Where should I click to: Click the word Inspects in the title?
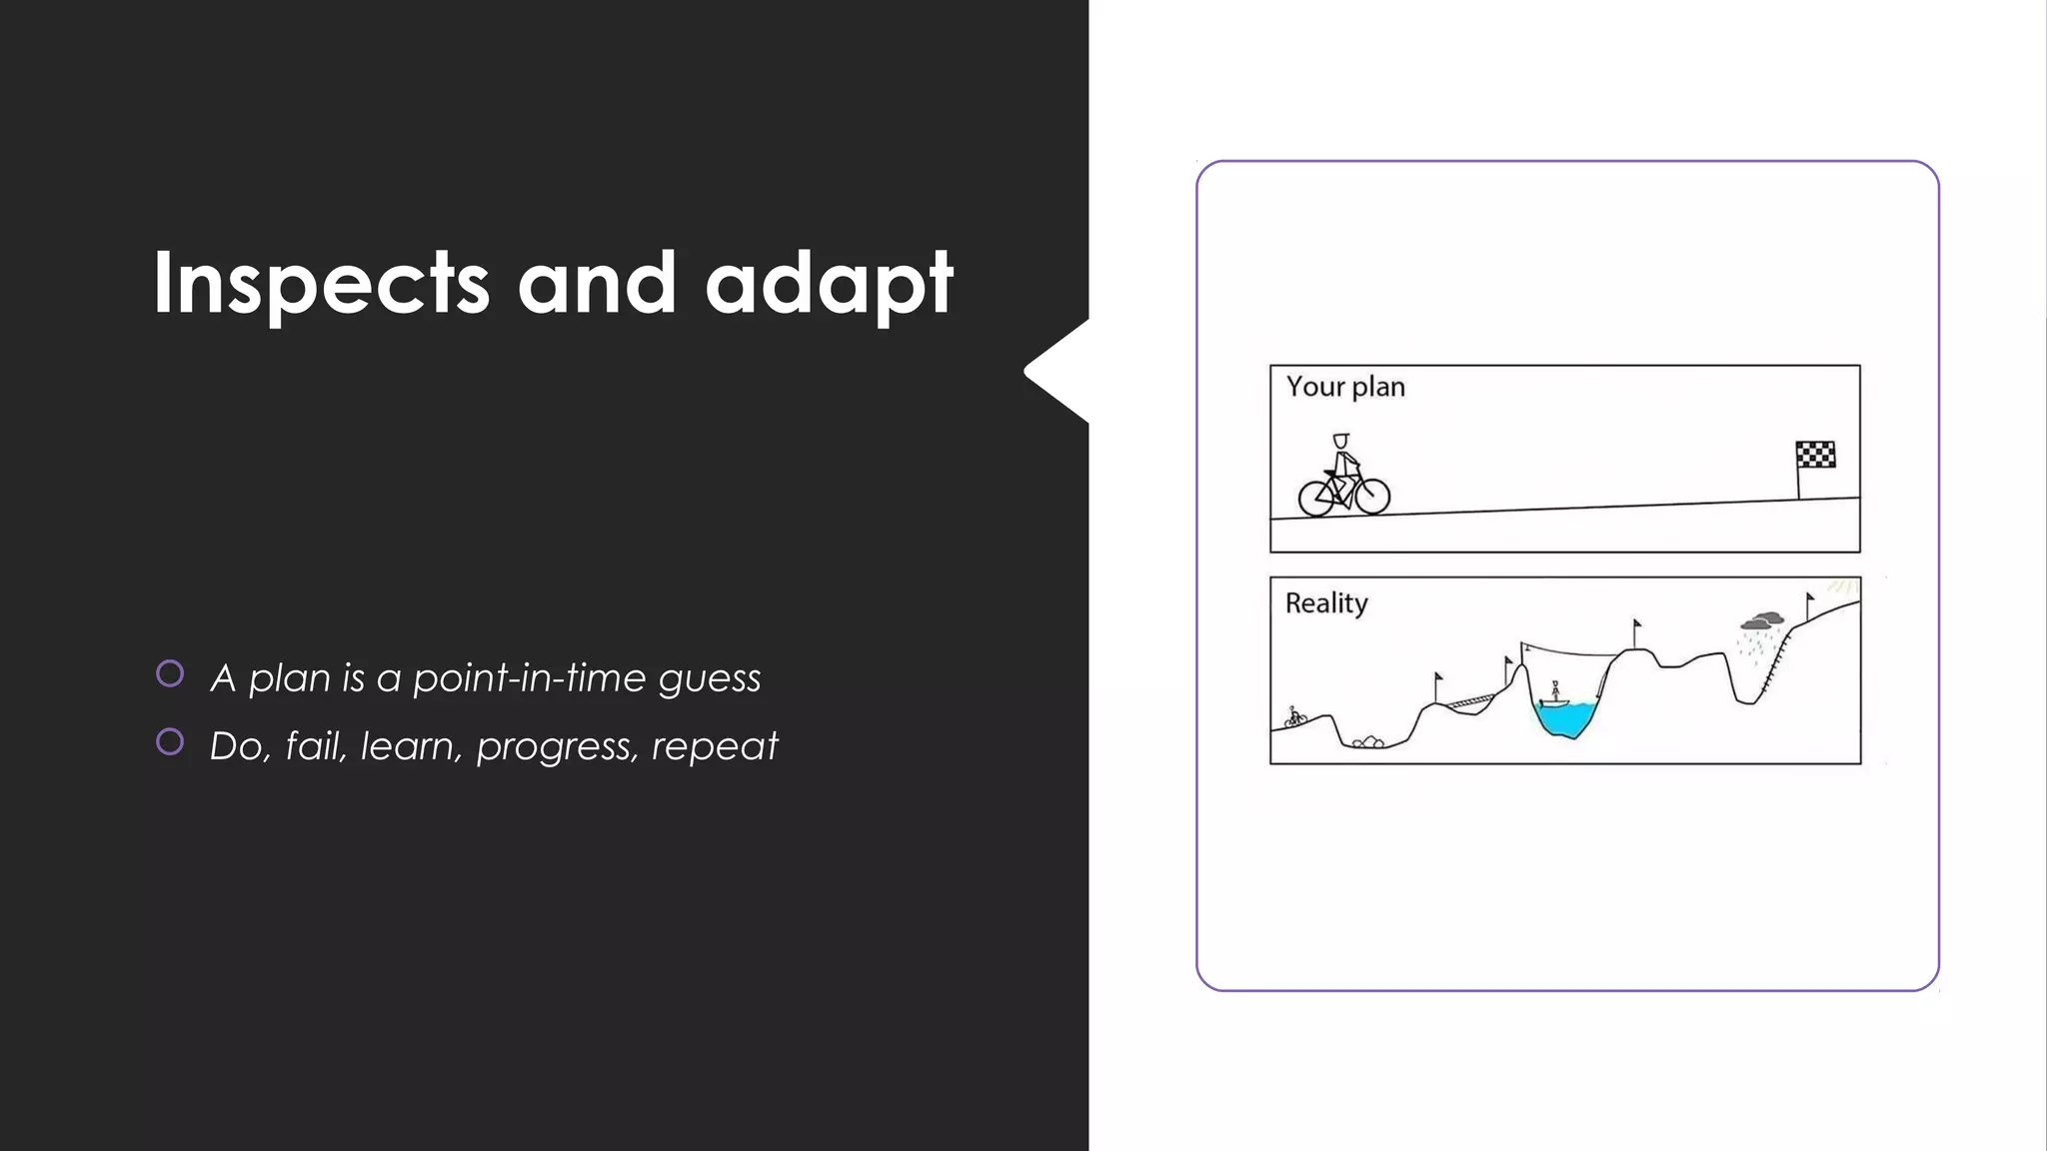pos(321,284)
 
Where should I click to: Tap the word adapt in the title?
pos(829,284)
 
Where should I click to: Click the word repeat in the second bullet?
pos(714,746)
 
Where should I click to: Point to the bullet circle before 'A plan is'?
pos(170,673)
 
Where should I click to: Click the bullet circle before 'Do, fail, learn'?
pos(170,741)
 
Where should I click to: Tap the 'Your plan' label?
pos(1344,387)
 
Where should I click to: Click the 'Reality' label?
pos(1325,603)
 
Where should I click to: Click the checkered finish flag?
pos(1815,455)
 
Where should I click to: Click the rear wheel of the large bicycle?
pos(1315,498)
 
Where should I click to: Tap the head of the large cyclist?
pos(1340,441)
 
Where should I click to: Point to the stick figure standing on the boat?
pos(1555,691)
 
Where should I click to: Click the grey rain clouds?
pos(1761,621)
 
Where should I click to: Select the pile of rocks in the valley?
pos(1367,741)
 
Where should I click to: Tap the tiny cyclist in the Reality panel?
pos(1295,716)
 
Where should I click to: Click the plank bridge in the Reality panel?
pos(1468,702)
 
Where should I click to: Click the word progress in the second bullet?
pos(557,746)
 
